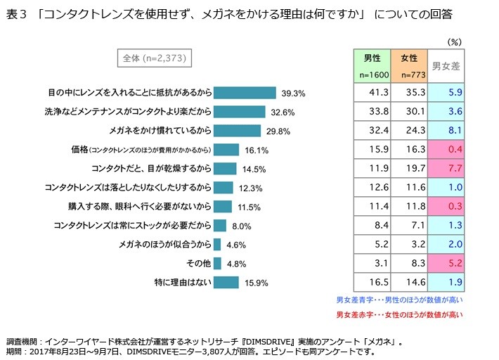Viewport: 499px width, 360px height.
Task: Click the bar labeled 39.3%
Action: [x=244, y=93]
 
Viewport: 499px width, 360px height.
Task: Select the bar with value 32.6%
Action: [x=239, y=112]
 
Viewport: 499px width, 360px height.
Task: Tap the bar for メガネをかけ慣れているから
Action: [x=236, y=131]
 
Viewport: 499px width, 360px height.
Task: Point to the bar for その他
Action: [x=217, y=264]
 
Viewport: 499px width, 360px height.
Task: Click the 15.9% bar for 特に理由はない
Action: [x=226, y=283]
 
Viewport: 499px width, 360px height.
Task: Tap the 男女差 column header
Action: [x=446, y=66]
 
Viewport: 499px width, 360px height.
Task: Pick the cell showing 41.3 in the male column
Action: [x=369, y=92]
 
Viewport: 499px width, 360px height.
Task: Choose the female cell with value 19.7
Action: [x=408, y=168]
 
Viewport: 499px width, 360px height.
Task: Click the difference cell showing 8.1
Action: [x=446, y=130]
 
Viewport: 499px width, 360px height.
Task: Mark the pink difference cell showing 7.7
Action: [x=446, y=168]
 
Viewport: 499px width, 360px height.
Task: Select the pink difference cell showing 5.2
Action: [x=446, y=263]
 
